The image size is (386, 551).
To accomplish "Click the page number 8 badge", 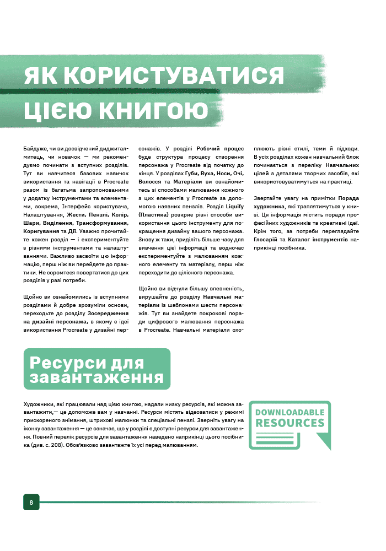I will coord(31,502).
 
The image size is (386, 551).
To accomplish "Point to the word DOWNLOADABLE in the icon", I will coord(289,412).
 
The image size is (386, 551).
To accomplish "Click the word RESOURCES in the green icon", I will coord(289,423).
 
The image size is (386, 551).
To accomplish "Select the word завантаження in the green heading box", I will coord(96,377).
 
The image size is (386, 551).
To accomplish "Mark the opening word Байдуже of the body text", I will coord(35,148).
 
